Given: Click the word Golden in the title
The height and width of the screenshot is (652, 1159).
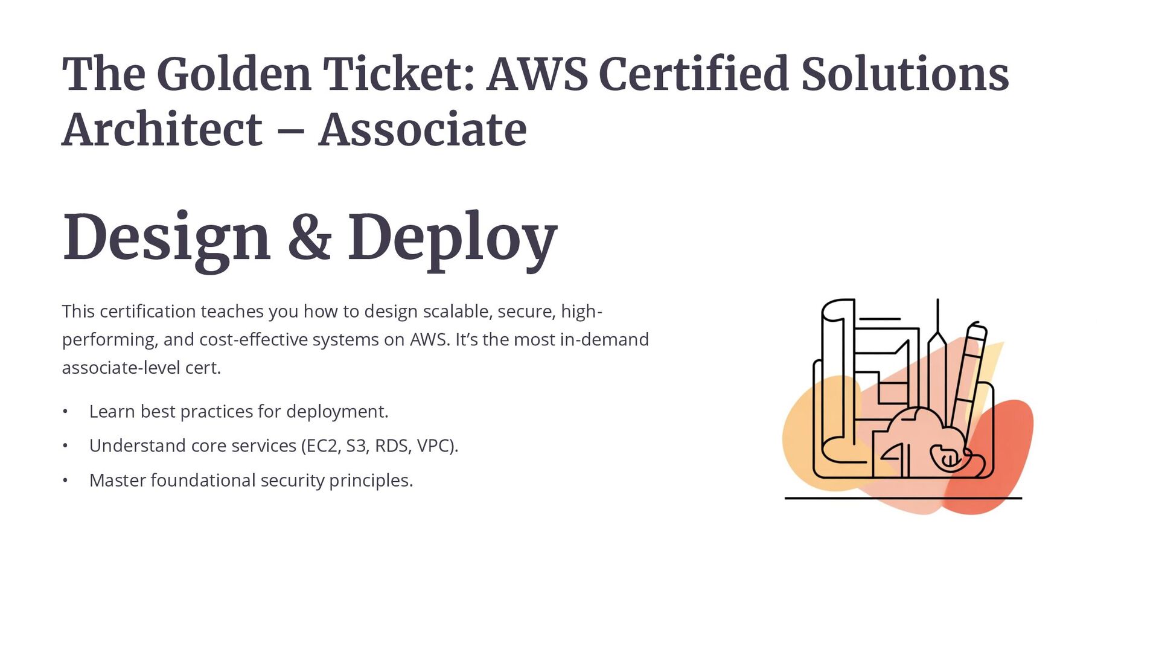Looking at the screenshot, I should (x=234, y=74).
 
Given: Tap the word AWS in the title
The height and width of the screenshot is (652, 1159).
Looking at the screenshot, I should (x=537, y=74).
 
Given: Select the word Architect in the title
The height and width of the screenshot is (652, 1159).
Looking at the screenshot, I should (x=162, y=130).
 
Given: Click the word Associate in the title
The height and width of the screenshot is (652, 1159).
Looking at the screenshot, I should (x=423, y=130).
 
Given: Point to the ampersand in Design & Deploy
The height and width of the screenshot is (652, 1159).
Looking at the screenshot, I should (x=309, y=237).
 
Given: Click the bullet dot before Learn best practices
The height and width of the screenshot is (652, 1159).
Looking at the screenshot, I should (x=65, y=412).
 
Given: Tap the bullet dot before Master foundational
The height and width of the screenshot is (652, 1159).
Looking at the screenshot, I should (x=65, y=481).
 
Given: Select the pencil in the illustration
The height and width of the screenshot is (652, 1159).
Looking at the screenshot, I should (x=969, y=380).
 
